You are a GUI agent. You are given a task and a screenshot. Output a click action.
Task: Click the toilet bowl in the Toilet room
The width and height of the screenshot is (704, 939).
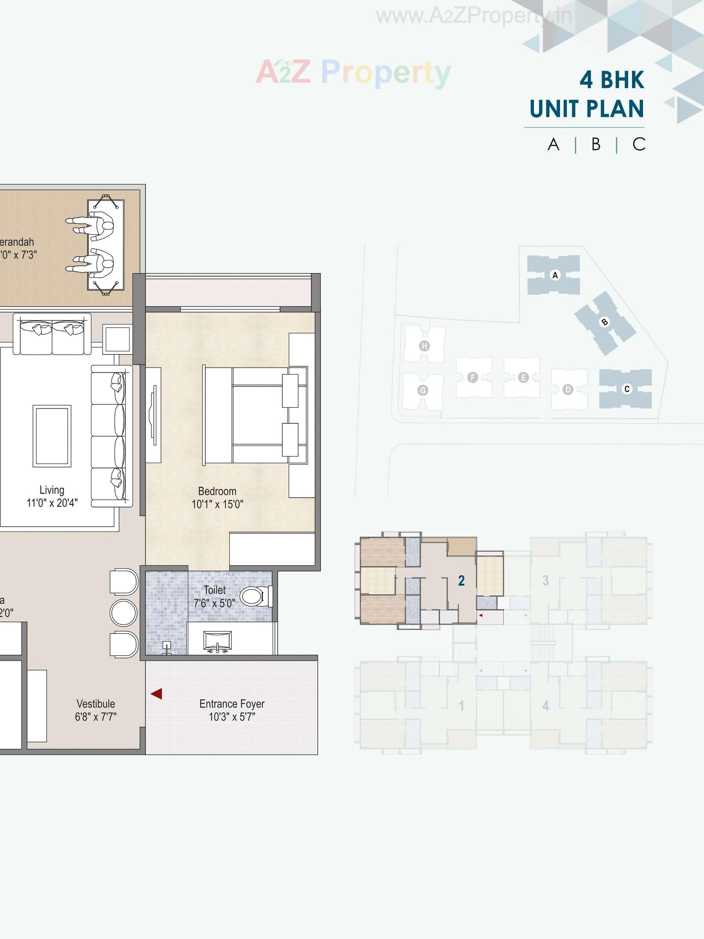coord(254,596)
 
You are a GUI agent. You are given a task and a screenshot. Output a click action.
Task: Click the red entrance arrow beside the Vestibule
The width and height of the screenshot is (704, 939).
coord(156,694)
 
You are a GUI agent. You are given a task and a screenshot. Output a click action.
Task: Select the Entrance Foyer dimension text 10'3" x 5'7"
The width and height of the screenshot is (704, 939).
coord(232,717)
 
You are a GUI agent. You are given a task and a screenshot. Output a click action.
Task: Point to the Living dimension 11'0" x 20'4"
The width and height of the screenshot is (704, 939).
coord(52,503)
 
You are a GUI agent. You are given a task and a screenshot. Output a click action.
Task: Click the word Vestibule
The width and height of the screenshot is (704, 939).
coord(95,704)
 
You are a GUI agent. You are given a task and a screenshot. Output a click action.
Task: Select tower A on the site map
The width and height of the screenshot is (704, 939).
coord(555,275)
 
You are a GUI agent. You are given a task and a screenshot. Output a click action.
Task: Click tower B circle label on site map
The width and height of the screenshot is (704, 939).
coord(604,322)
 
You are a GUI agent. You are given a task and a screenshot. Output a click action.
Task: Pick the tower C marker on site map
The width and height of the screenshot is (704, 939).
coord(627,389)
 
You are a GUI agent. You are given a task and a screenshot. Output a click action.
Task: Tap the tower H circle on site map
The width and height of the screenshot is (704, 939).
coord(424,345)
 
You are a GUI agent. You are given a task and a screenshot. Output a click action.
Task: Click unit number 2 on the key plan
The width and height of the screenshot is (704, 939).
coord(461,581)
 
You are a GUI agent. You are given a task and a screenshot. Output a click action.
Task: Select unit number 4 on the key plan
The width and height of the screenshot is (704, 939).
coord(546,706)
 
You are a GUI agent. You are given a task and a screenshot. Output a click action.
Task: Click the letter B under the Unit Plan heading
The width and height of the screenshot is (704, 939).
coord(596,145)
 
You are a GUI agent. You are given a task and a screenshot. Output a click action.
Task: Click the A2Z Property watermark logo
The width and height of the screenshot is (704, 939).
coord(353,72)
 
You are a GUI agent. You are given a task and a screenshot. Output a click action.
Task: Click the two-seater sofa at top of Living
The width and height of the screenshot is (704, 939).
coord(52,335)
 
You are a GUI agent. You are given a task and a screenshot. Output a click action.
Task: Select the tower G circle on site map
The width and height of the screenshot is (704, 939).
coord(423,390)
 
